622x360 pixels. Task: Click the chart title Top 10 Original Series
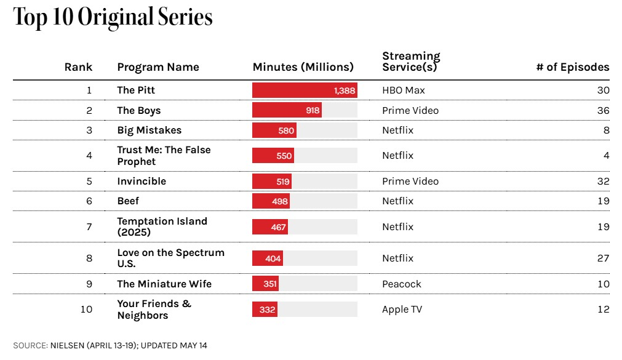click(113, 17)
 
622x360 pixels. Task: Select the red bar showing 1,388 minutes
click(305, 90)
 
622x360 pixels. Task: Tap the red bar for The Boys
click(287, 110)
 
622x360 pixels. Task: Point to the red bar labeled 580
click(274, 130)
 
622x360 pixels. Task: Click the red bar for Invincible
click(272, 182)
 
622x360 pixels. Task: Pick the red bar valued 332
click(265, 309)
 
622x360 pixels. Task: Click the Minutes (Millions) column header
click(303, 67)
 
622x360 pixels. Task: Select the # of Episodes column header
click(573, 67)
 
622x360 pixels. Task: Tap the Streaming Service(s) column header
click(412, 62)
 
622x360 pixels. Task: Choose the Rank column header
click(79, 67)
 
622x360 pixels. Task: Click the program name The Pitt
click(136, 90)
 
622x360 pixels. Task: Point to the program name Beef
click(128, 201)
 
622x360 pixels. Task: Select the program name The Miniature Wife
click(164, 284)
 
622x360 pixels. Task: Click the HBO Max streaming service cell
click(404, 90)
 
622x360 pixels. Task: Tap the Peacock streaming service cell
click(402, 284)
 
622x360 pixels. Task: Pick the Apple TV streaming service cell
click(402, 310)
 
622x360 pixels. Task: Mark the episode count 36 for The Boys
click(604, 110)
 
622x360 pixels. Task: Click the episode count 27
click(604, 258)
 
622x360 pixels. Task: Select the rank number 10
click(87, 309)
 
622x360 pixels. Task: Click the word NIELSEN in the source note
click(67, 345)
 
